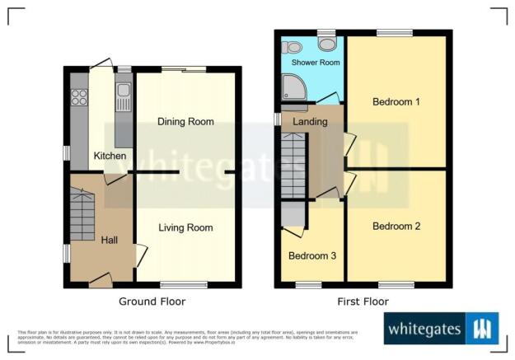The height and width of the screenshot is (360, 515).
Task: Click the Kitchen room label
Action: pyautogui.click(x=110, y=156)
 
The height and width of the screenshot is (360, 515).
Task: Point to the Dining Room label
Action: pyautogui.click(x=185, y=122)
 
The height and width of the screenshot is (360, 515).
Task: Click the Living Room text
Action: pyautogui.click(x=185, y=227)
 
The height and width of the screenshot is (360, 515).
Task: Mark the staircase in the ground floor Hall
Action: pyautogui.click(x=82, y=215)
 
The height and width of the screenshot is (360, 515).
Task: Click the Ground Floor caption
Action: pyautogui.click(x=152, y=302)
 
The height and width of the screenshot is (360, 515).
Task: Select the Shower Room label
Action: pyautogui.click(x=313, y=62)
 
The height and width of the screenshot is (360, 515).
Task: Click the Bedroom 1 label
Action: pyautogui.click(x=396, y=102)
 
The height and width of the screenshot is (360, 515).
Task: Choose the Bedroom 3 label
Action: pyautogui.click(x=311, y=255)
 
